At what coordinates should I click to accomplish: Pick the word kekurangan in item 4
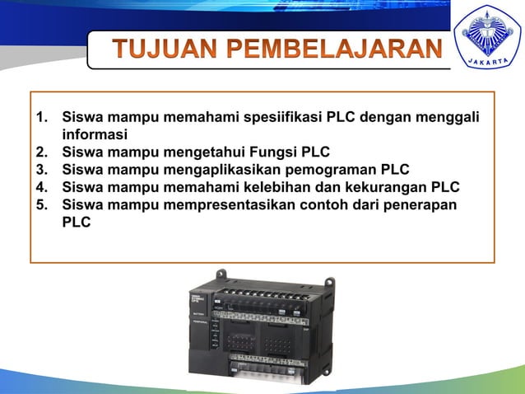tap(400, 187)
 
